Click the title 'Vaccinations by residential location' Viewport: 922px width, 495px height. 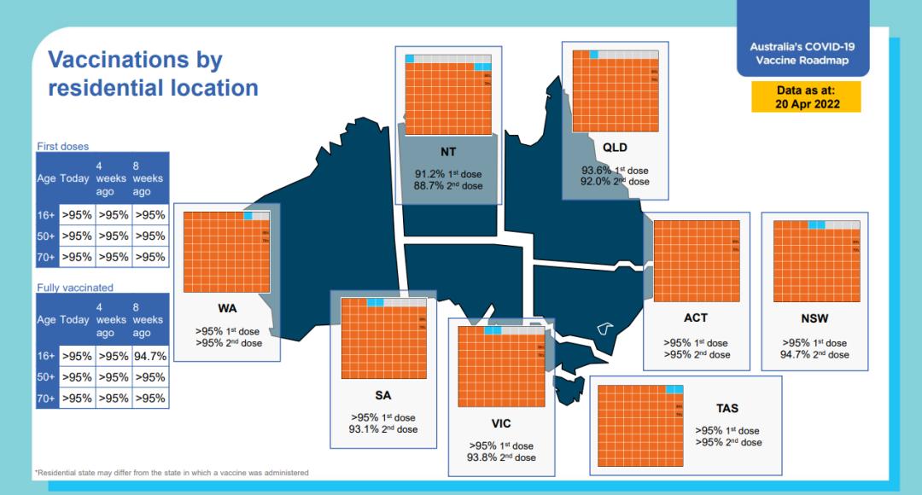point(153,73)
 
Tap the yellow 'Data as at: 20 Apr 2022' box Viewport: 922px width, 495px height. point(806,97)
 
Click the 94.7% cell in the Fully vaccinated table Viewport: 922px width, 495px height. point(150,355)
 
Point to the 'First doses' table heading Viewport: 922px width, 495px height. point(62,147)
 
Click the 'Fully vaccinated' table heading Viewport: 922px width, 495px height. point(74,288)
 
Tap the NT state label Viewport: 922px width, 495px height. point(448,152)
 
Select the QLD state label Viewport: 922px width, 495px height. point(615,148)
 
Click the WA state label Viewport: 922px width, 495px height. point(227,308)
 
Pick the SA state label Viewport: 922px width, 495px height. point(383,396)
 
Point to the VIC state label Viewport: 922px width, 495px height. point(501,423)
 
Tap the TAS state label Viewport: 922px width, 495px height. point(727,409)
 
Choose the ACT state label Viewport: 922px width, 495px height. point(696,318)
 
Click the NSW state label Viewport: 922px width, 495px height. point(814,318)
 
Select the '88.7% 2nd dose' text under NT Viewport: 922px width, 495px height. point(448,186)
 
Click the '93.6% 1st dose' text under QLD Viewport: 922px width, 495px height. point(615,170)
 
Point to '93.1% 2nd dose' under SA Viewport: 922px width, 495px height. point(383,429)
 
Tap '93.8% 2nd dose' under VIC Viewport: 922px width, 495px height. point(501,457)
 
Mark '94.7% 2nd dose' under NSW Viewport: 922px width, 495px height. point(814,354)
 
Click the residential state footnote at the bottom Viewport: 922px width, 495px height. point(171,472)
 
